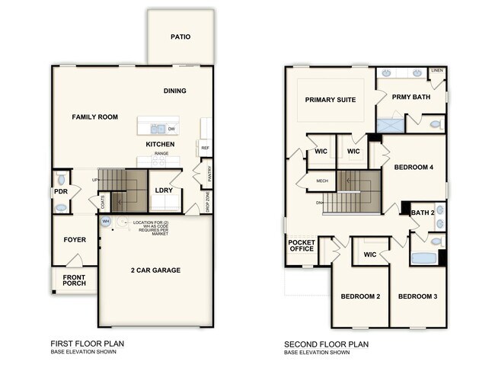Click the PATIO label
[180, 37]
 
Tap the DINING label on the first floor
[174, 91]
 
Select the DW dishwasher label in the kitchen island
[171, 129]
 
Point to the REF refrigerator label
[205, 148]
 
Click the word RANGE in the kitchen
[161, 153]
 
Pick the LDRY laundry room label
[163, 190]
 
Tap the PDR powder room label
[60, 192]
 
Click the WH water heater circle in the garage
[106, 222]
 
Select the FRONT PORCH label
[74, 280]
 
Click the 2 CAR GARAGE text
[156, 270]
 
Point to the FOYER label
[75, 240]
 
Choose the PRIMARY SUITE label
[331, 100]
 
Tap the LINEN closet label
[436, 71]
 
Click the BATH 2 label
[423, 213]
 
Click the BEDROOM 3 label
[417, 296]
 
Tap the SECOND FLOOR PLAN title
[325, 344]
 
